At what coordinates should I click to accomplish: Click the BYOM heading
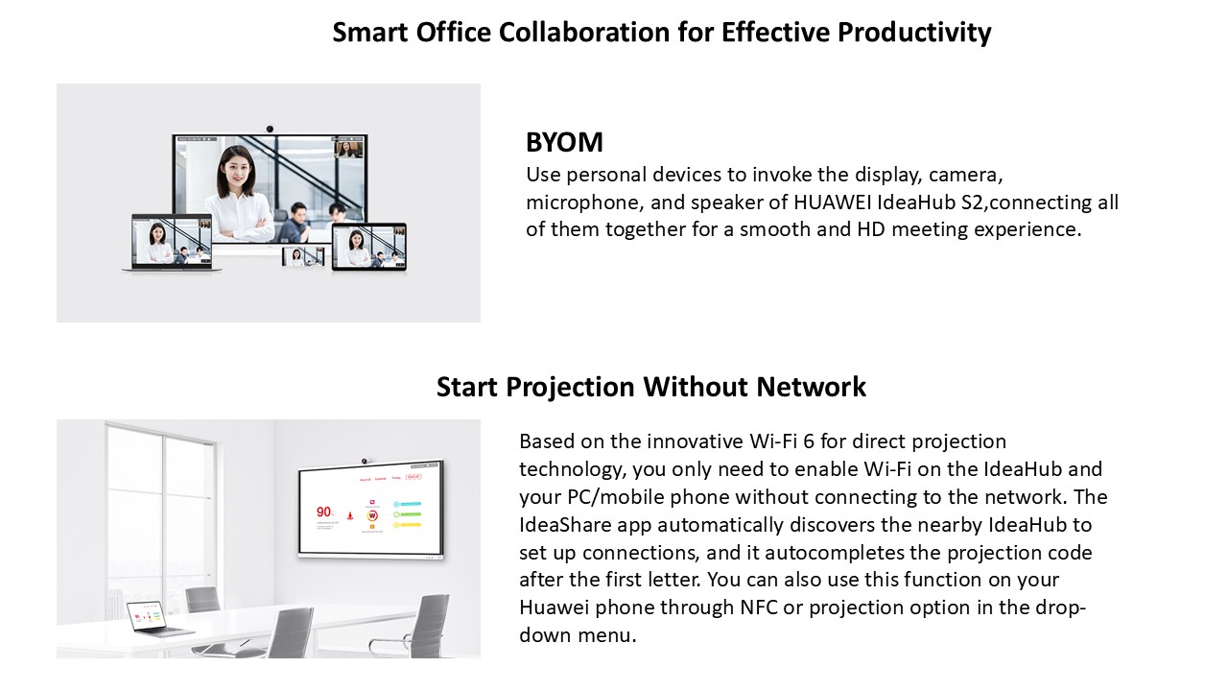(564, 143)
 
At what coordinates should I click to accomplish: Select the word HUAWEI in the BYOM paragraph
(832, 203)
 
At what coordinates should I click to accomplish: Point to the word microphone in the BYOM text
(584, 203)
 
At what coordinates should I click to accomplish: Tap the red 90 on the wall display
(323, 512)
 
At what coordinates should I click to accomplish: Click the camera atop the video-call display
(270, 129)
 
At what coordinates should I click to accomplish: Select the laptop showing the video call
(172, 243)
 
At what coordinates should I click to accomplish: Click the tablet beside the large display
(369, 247)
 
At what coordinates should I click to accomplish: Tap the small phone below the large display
(303, 256)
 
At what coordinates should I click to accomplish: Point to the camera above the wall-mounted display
(364, 461)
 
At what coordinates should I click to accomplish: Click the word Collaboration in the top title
(584, 33)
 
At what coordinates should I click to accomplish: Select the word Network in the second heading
(812, 387)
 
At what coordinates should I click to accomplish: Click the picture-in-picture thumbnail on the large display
(348, 148)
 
